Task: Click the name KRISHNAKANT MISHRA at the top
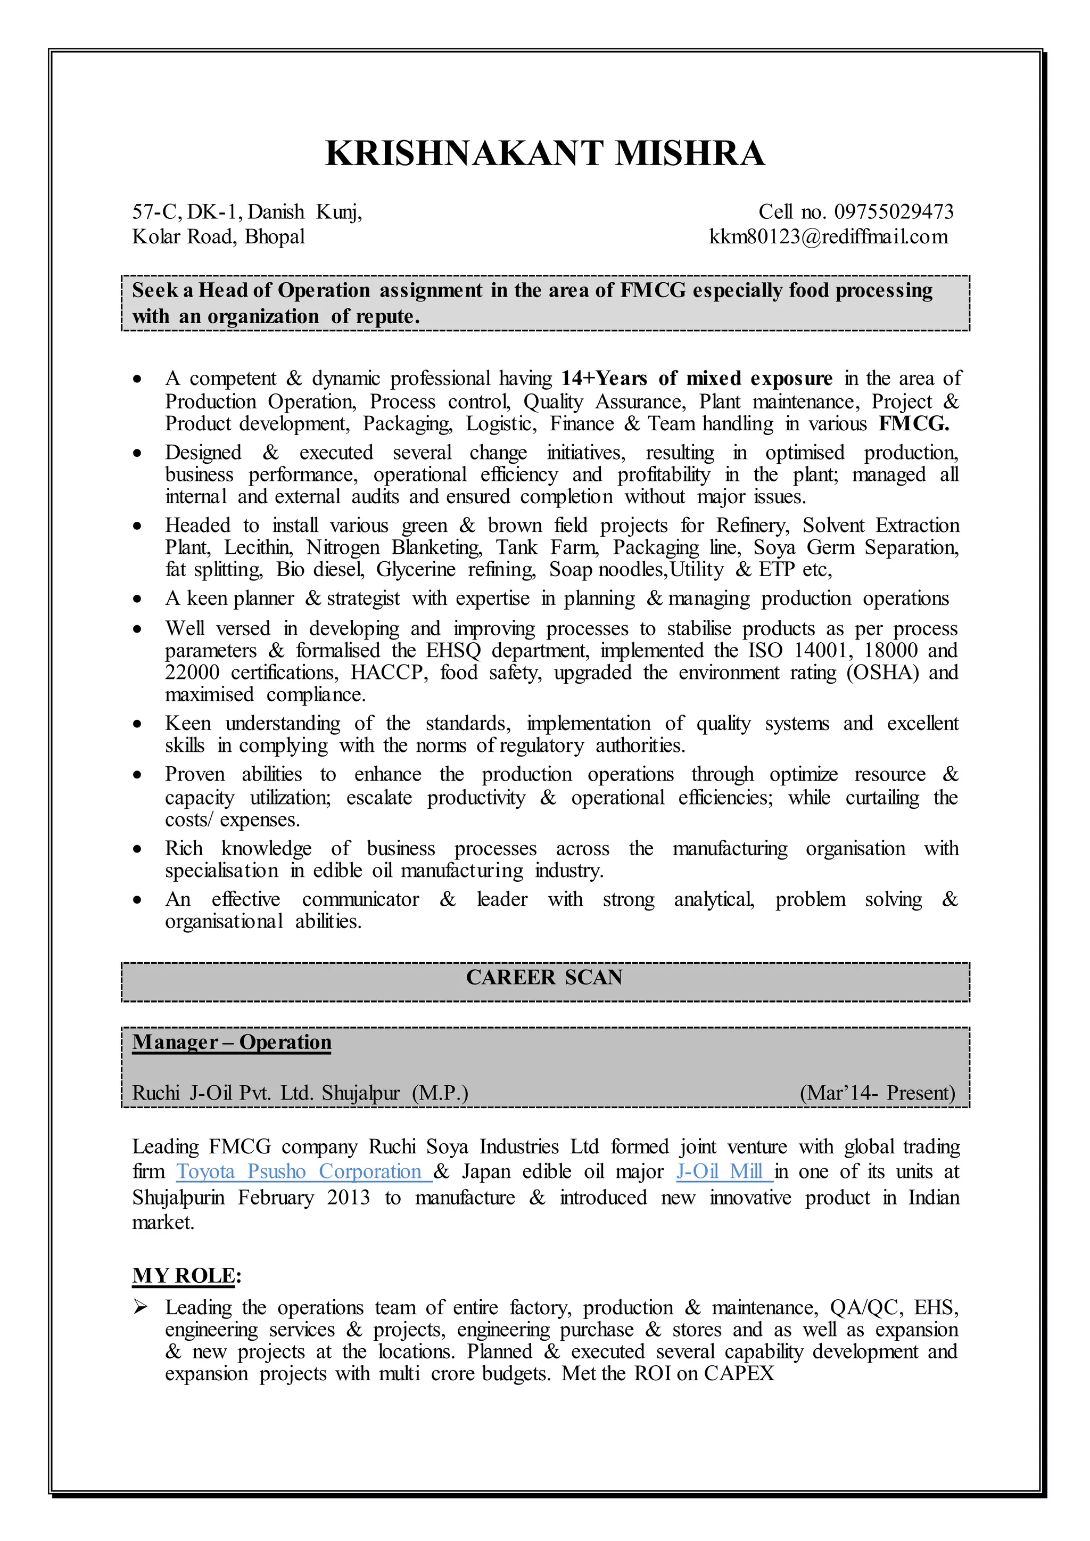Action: point(544,154)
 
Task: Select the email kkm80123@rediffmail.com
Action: point(828,237)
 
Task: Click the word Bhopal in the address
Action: point(275,237)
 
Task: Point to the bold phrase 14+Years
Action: point(604,379)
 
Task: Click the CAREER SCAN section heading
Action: point(544,978)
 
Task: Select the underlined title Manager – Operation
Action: point(232,1042)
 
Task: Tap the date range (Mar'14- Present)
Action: point(877,1093)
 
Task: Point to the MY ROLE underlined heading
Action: point(184,1276)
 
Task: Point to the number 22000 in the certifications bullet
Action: point(192,673)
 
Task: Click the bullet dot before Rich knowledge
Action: point(138,849)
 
